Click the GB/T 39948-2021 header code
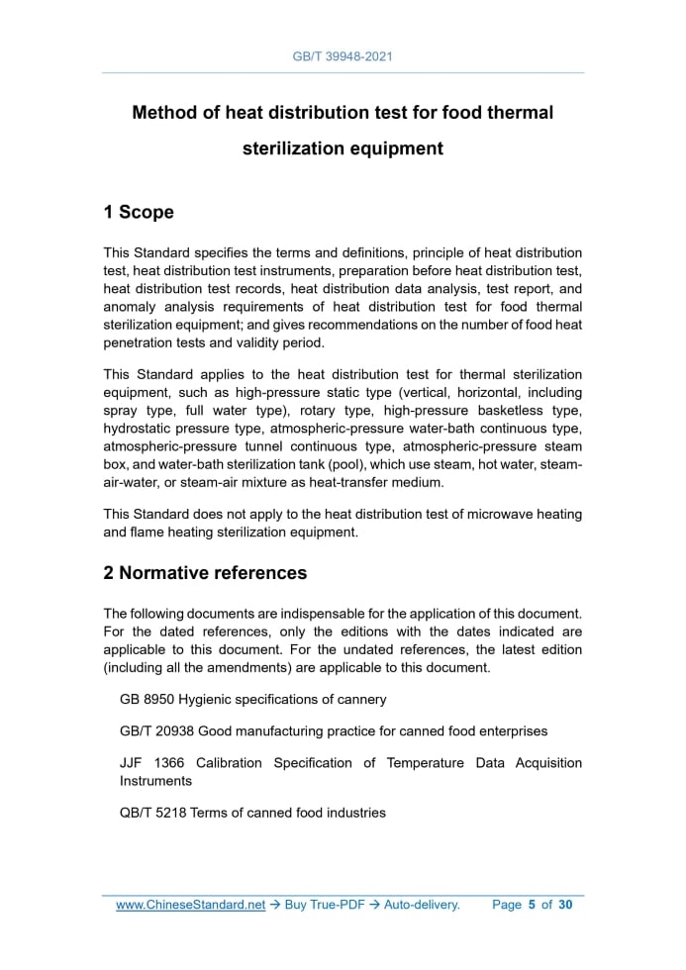pos(343,56)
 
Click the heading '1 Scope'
pos(139,213)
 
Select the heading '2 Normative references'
pos(205,573)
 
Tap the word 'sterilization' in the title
pos(292,149)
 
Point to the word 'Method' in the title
pos(164,113)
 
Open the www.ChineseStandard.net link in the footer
pos(190,905)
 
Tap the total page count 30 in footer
pos(565,905)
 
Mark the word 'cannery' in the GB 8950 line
pos(361,699)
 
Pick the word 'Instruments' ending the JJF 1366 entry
pos(155,781)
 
